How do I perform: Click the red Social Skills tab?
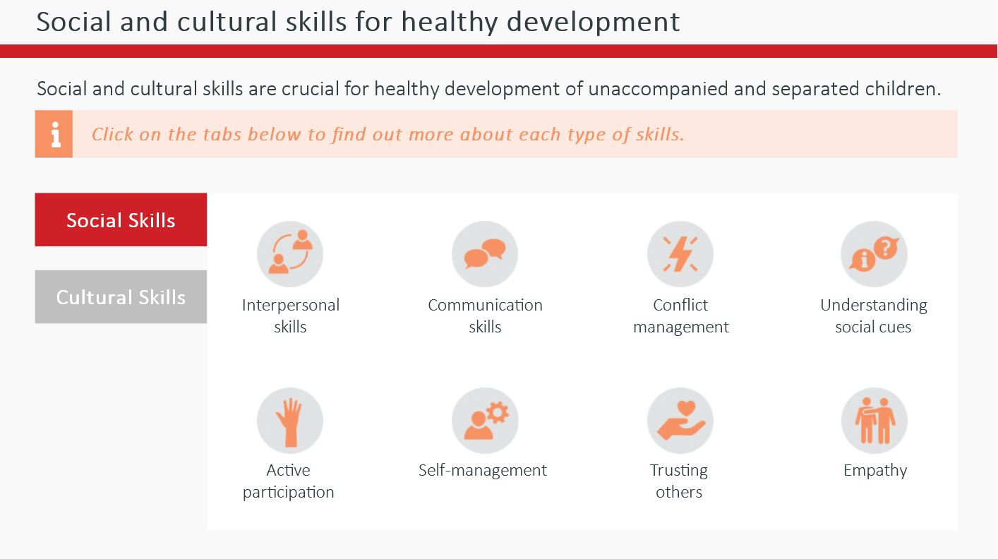pos(121,220)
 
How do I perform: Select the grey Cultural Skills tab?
pos(121,296)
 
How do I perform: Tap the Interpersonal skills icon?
pos(290,254)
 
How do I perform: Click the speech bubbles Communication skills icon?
pos(485,254)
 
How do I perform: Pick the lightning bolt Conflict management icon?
pos(680,254)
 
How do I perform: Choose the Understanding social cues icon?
pos(874,254)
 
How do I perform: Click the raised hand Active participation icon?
pos(290,421)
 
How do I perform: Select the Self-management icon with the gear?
pos(485,421)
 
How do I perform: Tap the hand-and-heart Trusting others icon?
pos(680,421)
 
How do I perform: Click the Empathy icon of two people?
pos(874,421)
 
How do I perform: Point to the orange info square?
pos(54,134)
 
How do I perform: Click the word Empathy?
pos(875,471)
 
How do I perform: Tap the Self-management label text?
pos(483,470)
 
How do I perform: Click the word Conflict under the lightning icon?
pos(680,305)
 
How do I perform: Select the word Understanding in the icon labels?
pos(874,306)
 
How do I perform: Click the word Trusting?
pos(678,471)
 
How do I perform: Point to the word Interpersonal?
pos(291,306)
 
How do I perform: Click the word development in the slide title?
pos(593,22)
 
